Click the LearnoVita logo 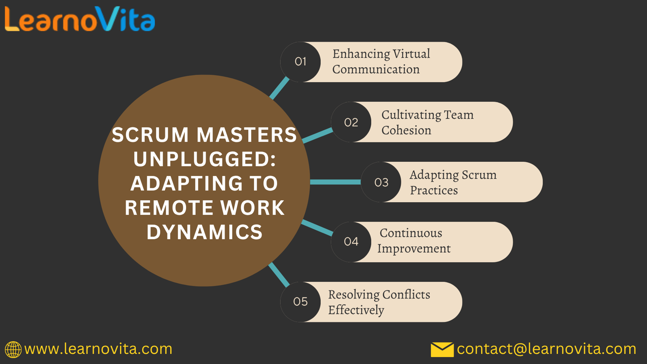click(x=80, y=19)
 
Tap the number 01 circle click(x=300, y=62)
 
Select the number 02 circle click(x=351, y=122)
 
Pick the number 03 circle click(x=381, y=182)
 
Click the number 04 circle click(x=351, y=242)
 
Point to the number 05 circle click(x=300, y=302)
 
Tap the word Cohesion click(x=406, y=130)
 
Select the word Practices click(x=433, y=190)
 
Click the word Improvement click(x=414, y=248)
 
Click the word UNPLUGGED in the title click(x=204, y=159)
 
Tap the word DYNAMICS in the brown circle click(x=204, y=232)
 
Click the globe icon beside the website click(x=13, y=349)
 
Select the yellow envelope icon click(x=442, y=349)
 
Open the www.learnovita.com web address click(x=98, y=349)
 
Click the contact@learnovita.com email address click(x=546, y=349)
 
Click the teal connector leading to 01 click(x=279, y=88)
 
